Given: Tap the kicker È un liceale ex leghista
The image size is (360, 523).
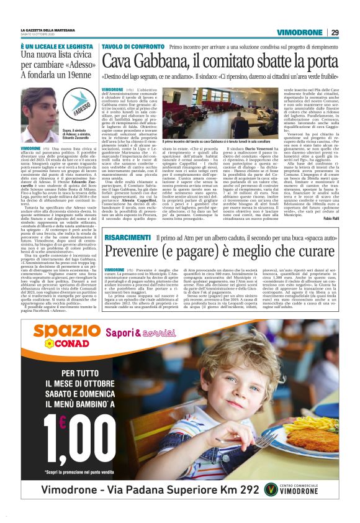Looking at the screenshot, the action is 54,46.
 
